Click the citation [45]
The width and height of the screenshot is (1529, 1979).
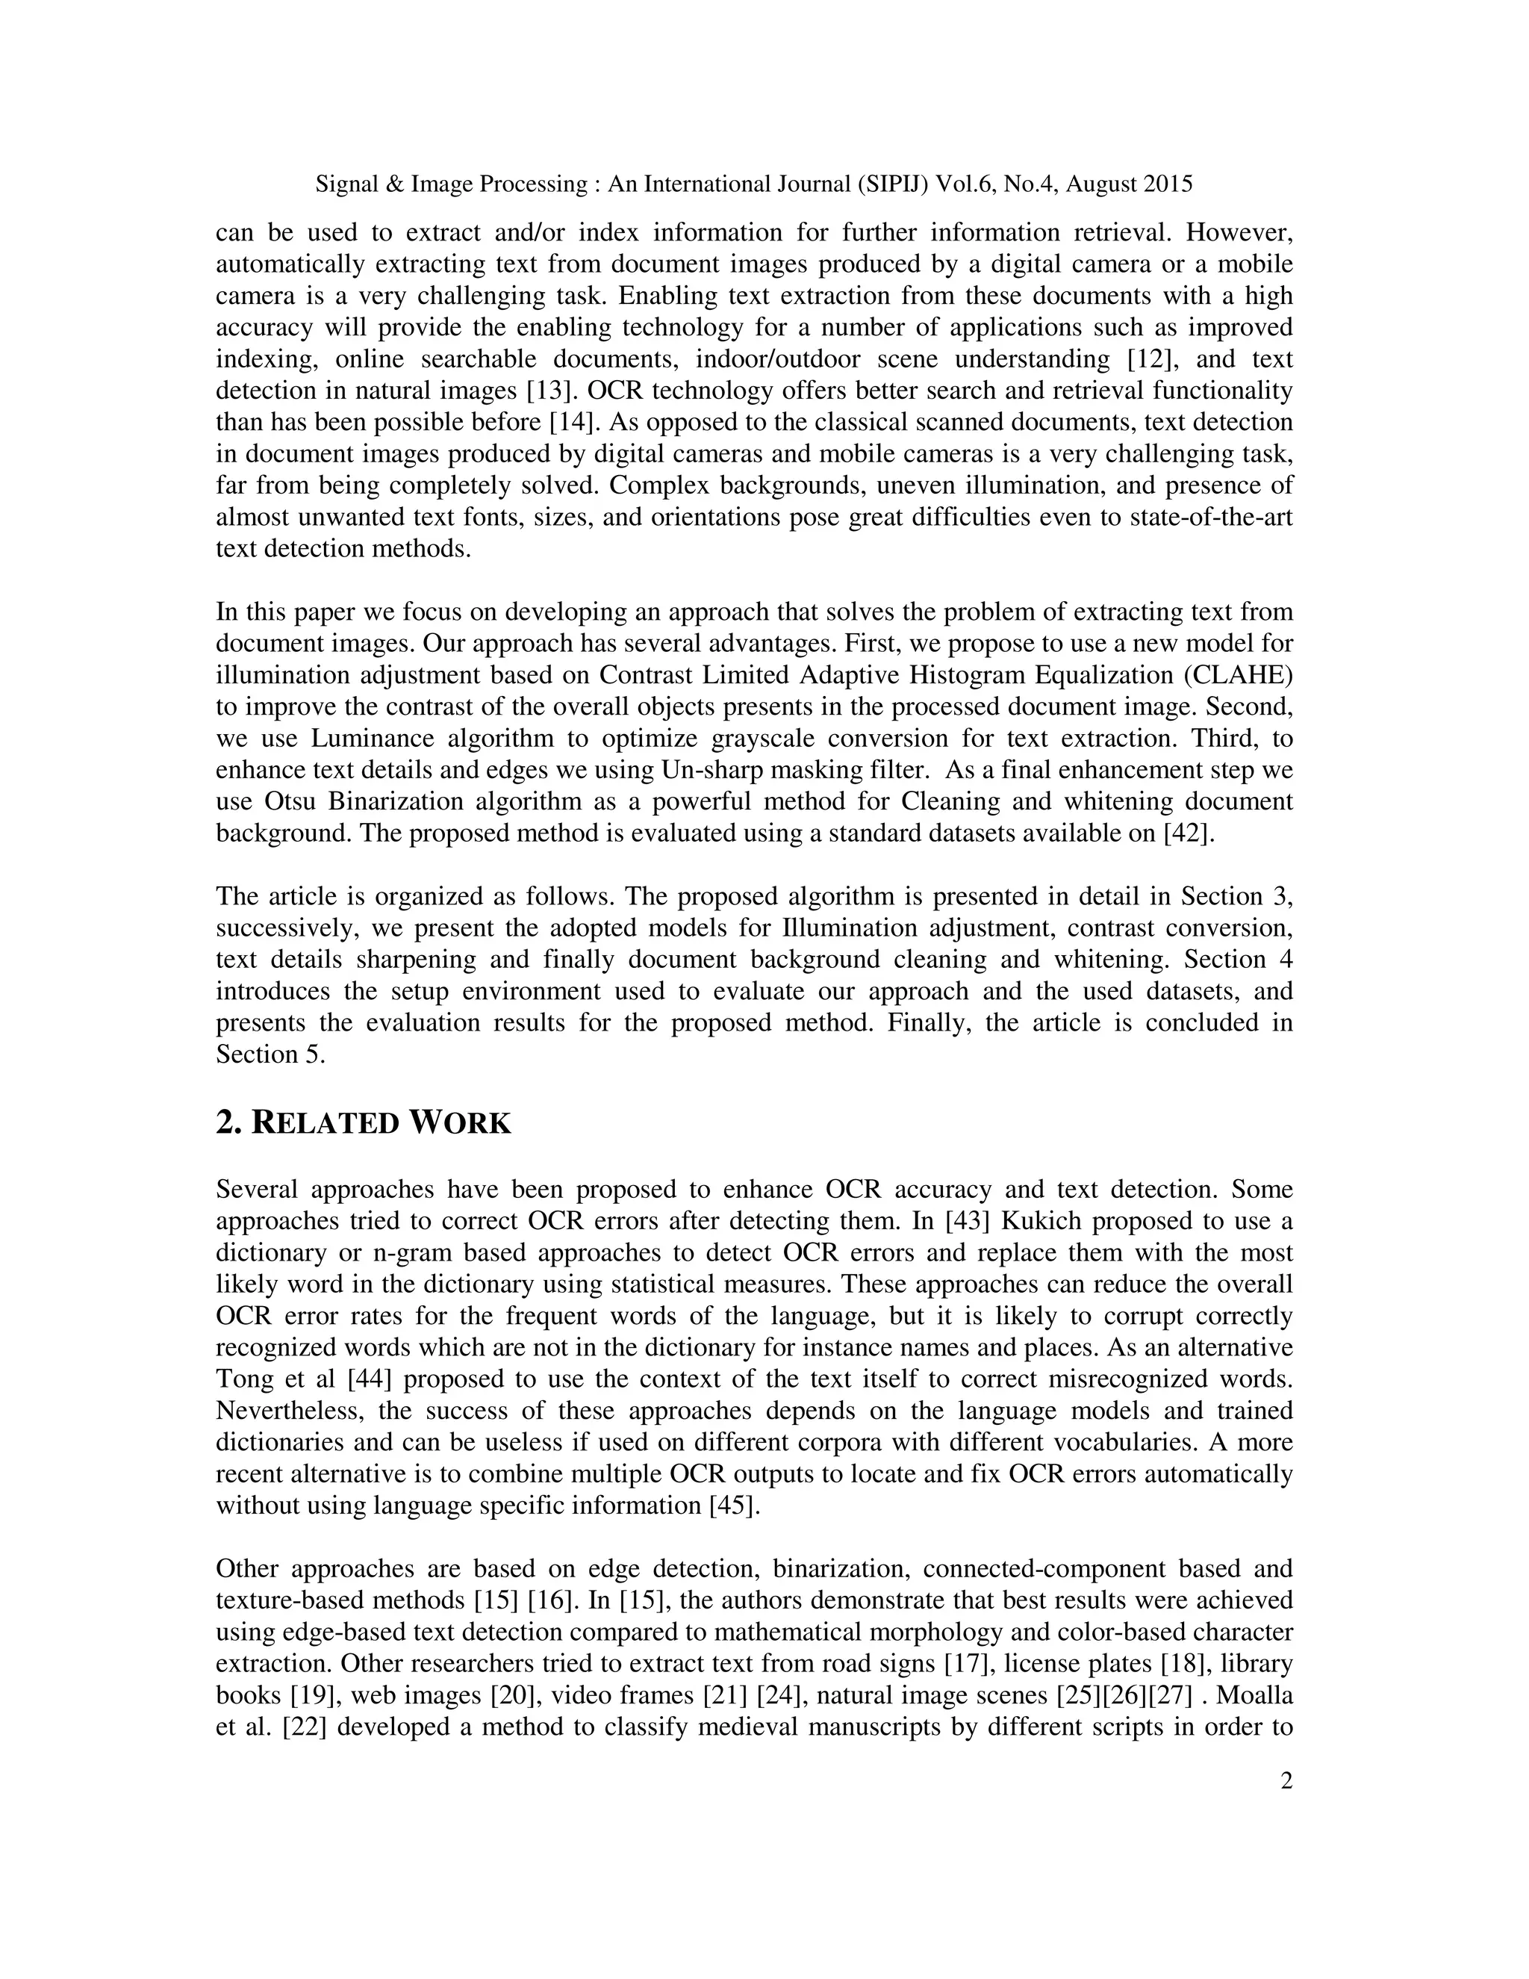pyautogui.click(x=734, y=1506)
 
